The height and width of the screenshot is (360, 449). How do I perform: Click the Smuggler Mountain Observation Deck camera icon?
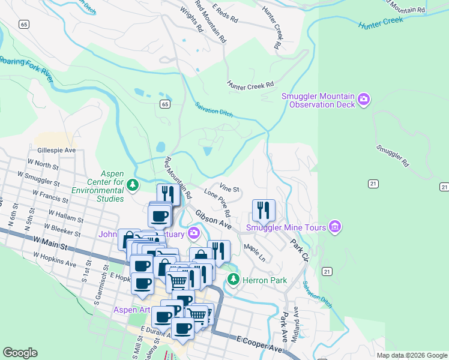[363, 99]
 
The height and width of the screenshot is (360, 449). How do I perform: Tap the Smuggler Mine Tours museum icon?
[336, 227]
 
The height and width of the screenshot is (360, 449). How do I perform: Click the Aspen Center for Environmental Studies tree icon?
[133, 184]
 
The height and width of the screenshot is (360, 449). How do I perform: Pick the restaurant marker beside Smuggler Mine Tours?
[264, 211]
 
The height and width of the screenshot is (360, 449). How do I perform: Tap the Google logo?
[20, 352]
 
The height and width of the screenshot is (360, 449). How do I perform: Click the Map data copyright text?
[411, 355]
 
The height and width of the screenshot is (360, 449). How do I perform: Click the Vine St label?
[229, 189]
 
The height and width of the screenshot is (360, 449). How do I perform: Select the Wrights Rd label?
[191, 18]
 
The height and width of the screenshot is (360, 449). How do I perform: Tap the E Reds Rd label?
[225, 16]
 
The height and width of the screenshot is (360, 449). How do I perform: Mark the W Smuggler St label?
[38, 179]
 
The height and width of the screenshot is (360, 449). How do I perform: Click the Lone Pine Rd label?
[217, 203]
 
